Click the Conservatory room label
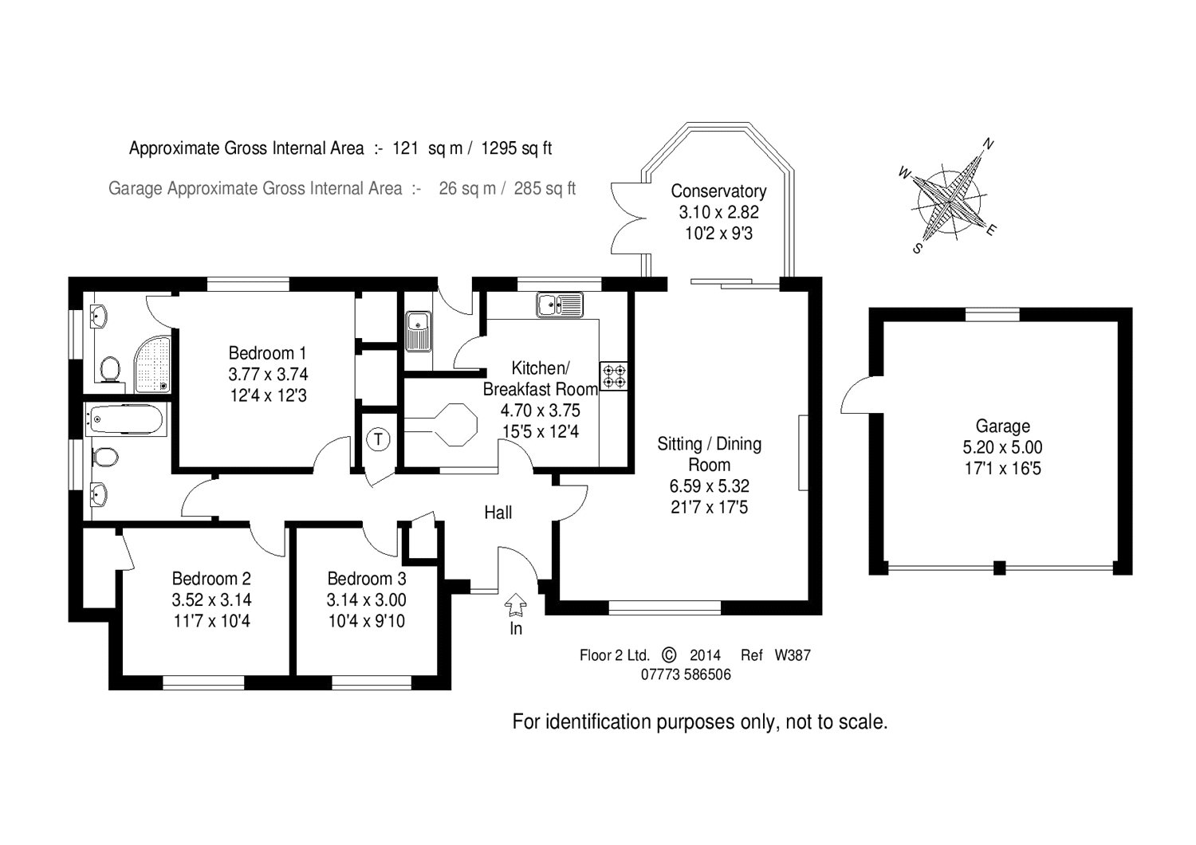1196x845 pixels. (x=718, y=191)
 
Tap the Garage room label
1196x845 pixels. (x=1003, y=426)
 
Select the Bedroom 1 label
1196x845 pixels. (x=267, y=353)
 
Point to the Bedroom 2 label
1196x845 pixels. (x=211, y=579)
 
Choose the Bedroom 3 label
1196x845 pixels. (x=367, y=579)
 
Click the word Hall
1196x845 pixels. (x=498, y=513)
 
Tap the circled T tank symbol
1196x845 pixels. (x=379, y=440)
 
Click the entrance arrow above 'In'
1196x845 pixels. (x=515, y=605)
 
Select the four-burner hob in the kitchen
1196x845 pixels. (x=613, y=375)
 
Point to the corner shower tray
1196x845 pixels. (x=152, y=364)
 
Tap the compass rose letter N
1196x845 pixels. (x=988, y=144)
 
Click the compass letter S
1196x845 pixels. (x=918, y=248)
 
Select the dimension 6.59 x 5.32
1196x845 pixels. (x=709, y=486)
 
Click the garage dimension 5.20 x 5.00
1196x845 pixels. (x=1003, y=447)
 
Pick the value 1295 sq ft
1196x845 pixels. (x=517, y=147)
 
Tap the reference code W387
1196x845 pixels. (x=793, y=655)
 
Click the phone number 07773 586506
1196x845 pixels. (x=686, y=674)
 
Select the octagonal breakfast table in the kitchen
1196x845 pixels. (x=457, y=424)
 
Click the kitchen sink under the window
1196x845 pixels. (x=560, y=305)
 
